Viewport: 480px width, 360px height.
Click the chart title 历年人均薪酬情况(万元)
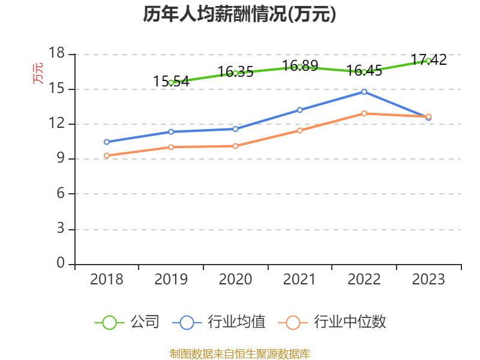[239, 14]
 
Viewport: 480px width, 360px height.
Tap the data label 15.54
[171, 81]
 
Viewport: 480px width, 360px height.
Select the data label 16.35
[235, 71]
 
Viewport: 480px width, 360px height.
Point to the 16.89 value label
[300, 65]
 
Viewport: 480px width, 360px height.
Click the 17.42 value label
[428, 59]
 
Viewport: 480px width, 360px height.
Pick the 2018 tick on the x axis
[106, 280]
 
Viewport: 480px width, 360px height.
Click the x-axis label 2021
[299, 280]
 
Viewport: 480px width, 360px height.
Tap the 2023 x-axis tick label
[428, 280]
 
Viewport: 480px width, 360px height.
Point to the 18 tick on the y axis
[56, 54]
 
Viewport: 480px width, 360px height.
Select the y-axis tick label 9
[61, 159]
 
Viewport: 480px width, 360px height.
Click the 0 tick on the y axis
[61, 263]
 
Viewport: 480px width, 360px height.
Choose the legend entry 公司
[145, 322]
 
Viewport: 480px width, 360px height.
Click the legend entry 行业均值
[236, 322]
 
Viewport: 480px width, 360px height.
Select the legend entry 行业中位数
[350, 322]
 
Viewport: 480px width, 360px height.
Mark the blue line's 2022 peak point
[364, 92]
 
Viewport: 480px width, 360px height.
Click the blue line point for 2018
[106, 142]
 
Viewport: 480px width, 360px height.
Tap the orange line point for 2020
[235, 146]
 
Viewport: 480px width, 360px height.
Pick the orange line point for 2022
[364, 113]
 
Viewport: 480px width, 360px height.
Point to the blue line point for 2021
[299, 110]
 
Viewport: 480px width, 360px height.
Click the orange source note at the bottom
[239, 353]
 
